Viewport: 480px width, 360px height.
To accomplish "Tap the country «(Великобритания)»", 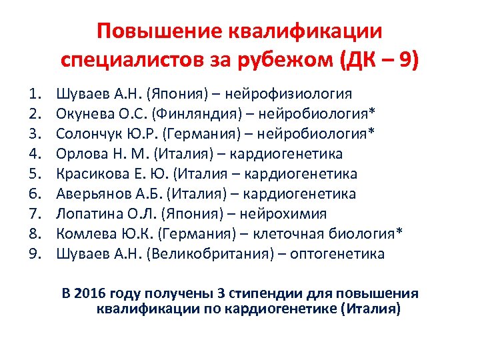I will (x=205, y=254).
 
